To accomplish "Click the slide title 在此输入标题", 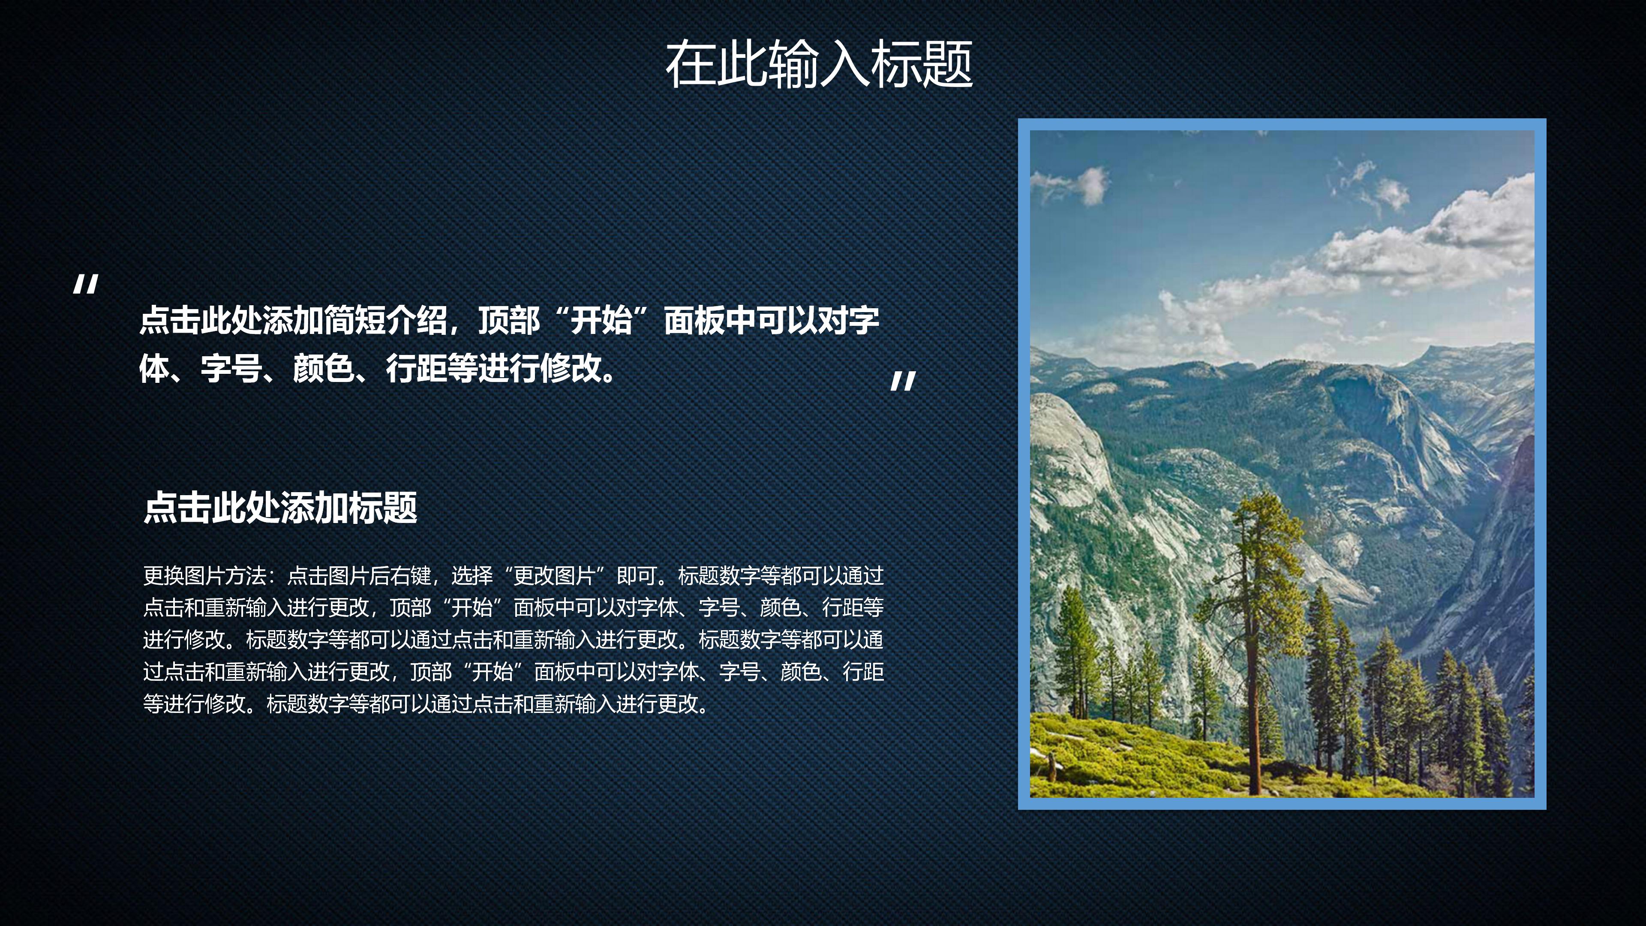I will (819, 64).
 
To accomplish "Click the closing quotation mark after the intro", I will (903, 382).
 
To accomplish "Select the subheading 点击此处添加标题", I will (280, 508).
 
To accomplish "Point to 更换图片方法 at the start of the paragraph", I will (204, 576).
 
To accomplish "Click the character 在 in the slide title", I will (690, 64).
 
